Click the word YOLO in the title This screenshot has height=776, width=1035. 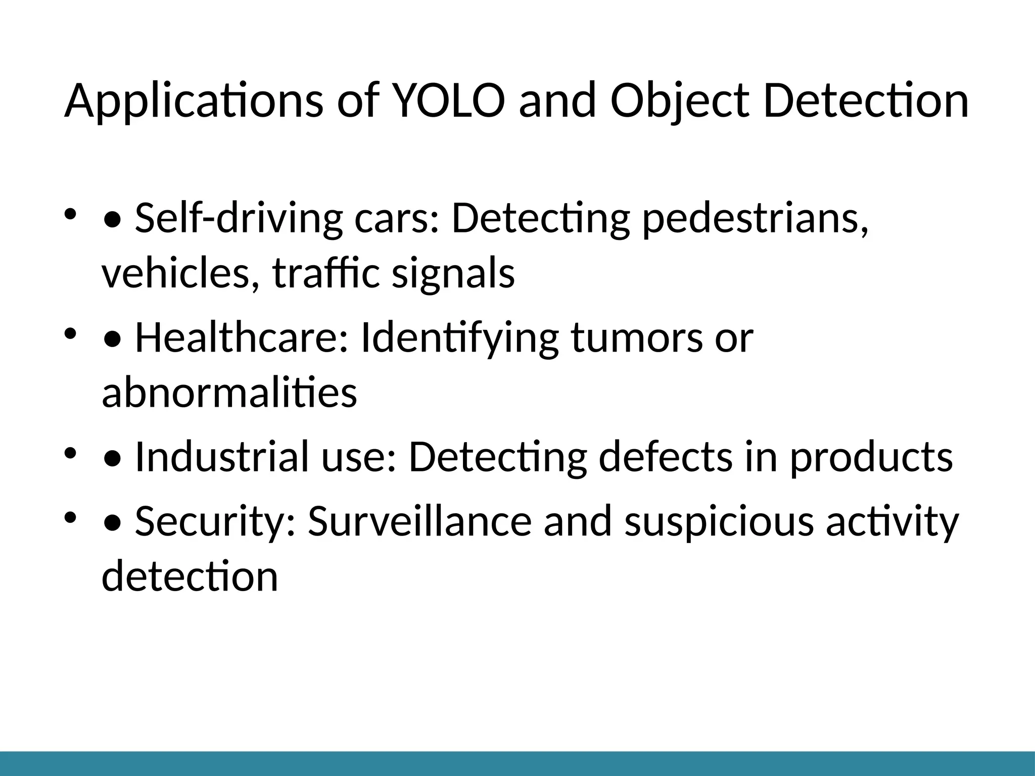[x=448, y=101]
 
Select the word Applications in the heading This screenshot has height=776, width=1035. [x=194, y=101]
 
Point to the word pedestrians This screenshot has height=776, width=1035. [x=755, y=218]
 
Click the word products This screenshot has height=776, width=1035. [x=871, y=457]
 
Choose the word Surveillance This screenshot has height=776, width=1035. [x=419, y=521]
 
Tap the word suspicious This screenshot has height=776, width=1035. [x=719, y=521]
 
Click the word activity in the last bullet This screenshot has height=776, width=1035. [x=892, y=521]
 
